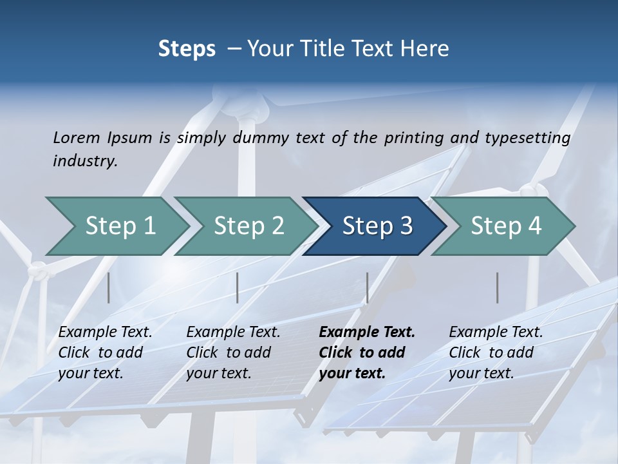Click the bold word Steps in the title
click(x=187, y=49)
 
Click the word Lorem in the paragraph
click(x=75, y=137)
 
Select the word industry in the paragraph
click(x=85, y=161)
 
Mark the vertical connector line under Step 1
click(x=108, y=287)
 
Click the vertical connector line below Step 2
click(x=237, y=287)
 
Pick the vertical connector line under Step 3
click(x=367, y=287)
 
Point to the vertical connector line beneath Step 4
click(x=497, y=287)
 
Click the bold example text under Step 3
click(x=366, y=353)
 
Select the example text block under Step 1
click(x=105, y=353)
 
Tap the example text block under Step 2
click(x=233, y=353)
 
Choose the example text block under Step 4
click(x=496, y=353)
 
